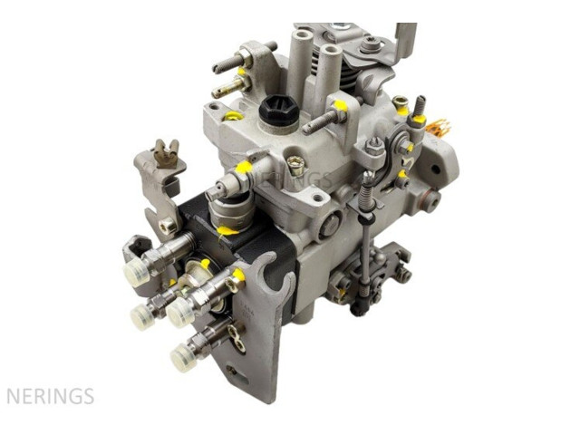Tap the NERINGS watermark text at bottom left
(x=51, y=396)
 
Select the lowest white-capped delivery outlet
(x=184, y=357)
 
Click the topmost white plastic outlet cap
(x=136, y=272)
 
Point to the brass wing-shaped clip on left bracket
(x=166, y=153)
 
